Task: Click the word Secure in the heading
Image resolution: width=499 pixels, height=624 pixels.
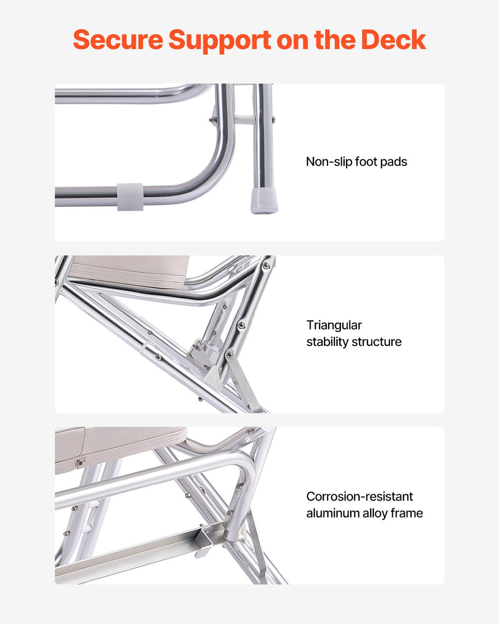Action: point(118,39)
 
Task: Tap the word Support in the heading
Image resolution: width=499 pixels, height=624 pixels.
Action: point(220,41)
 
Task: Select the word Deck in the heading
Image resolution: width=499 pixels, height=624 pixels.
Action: point(393,39)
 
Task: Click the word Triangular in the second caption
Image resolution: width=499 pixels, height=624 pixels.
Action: point(334,325)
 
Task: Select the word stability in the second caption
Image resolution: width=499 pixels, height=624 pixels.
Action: point(327,342)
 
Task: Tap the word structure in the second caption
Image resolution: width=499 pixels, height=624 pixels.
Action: point(376,342)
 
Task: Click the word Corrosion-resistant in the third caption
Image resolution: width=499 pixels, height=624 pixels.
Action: point(360,496)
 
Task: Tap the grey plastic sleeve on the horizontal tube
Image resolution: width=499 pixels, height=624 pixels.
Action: point(130,196)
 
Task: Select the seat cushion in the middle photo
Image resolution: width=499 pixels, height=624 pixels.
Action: point(129,271)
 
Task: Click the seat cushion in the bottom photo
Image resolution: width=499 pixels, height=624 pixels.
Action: point(120,449)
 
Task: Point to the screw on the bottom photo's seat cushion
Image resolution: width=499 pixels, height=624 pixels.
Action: point(79,463)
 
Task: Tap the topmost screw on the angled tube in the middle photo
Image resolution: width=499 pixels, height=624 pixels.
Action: point(266,266)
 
